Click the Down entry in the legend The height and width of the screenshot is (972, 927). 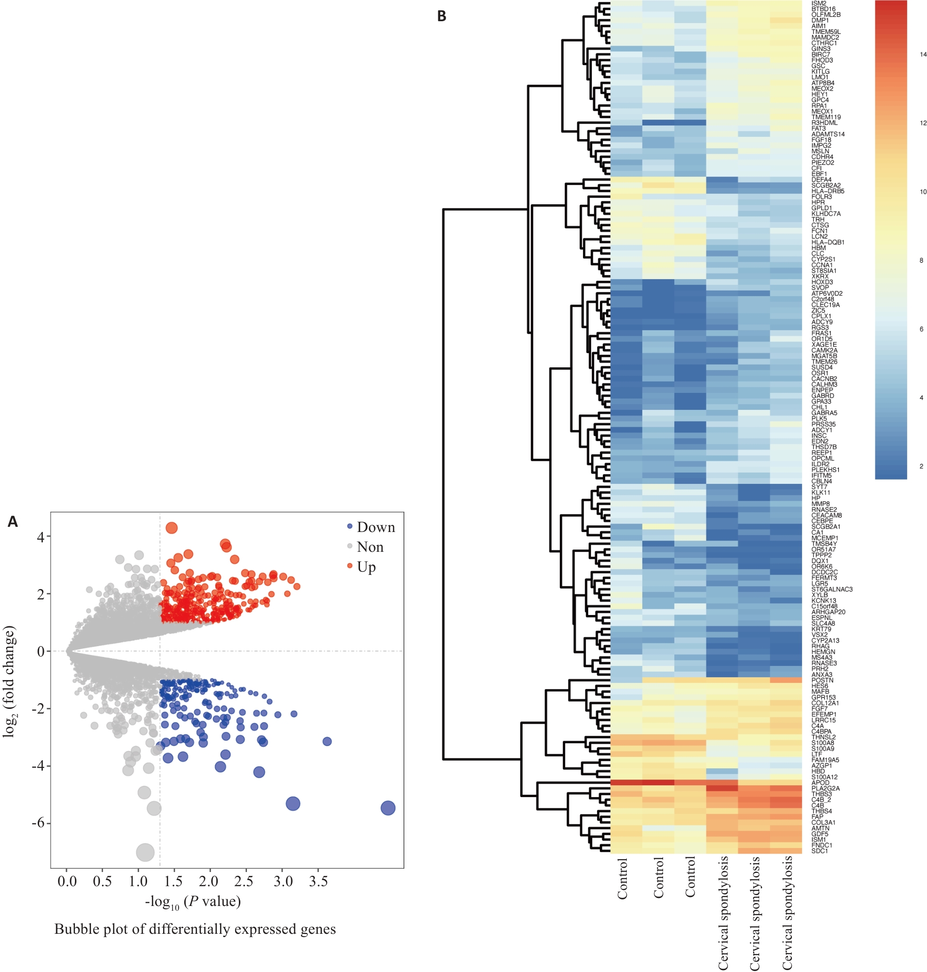pos(376,528)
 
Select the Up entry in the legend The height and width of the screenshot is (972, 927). pos(366,567)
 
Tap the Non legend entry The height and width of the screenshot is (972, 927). pos(370,547)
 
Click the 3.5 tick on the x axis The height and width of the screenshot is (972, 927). pos(319,881)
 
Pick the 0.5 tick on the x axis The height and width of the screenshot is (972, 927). pos(102,881)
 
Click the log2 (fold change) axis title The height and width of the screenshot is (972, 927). pos(9,682)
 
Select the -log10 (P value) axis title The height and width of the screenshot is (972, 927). pos(193,902)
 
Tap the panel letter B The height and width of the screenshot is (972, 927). pos(442,17)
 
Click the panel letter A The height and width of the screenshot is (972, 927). pos(13,522)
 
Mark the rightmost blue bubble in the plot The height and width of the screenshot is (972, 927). pos(388,808)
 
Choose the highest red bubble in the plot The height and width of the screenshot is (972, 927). pos(172,528)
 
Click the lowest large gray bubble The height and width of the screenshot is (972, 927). pos(145,852)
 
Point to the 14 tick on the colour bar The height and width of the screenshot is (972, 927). pos(923,54)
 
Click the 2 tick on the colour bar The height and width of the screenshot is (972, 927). pos(921,466)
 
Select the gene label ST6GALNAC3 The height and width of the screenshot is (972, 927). pos(832,590)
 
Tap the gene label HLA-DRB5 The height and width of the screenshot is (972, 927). pos(828,191)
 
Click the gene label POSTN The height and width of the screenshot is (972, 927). pos(822,680)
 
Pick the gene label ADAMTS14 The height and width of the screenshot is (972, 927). pos(828,134)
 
